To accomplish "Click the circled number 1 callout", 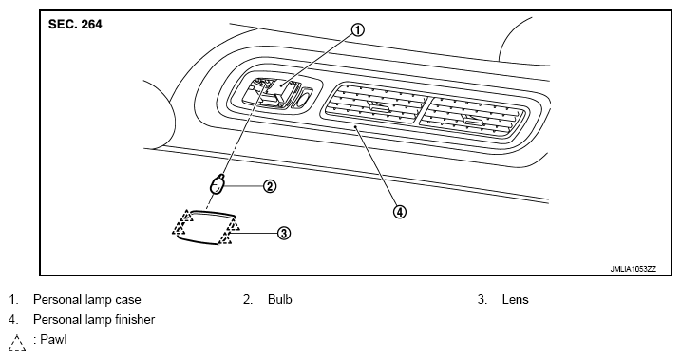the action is coord(357,30).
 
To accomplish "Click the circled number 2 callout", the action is coord(270,187).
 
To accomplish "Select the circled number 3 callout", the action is coord(283,234).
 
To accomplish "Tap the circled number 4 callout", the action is coord(400,212).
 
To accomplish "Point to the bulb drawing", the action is coord(218,184).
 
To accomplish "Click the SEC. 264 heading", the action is coord(75,25).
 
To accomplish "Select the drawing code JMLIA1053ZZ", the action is coord(633,269).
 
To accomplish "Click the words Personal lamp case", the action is coord(86,299).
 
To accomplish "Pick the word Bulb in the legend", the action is coord(279,299).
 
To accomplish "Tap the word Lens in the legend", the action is coord(515,299).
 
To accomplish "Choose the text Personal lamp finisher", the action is coord(94,319).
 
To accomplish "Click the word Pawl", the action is coord(53,339).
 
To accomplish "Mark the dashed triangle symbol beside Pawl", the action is coord(17,342).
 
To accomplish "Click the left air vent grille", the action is coord(375,104).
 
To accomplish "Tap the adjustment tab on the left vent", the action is coord(379,105).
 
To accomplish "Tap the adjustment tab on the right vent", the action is coord(473,121).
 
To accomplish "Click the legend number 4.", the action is coord(13,319).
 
